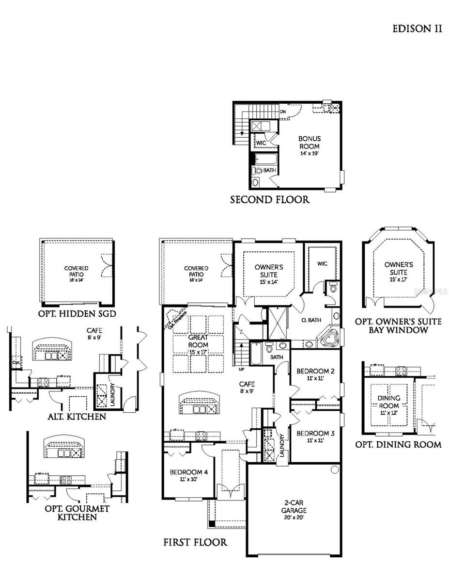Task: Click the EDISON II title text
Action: click(417, 29)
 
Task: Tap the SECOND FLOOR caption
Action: click(270, 199)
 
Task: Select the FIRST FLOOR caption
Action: click(195, 542)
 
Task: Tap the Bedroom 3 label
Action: click(315, 437)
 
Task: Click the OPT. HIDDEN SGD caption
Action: click(77, 313)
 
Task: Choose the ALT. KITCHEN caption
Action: click(77, 416)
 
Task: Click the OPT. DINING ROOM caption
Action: click(398, 444)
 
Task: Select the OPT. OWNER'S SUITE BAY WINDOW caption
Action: click(398, 326)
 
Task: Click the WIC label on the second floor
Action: click(261, 143)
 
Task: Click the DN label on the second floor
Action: click(283, 112)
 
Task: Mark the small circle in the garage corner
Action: click(334, 469)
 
